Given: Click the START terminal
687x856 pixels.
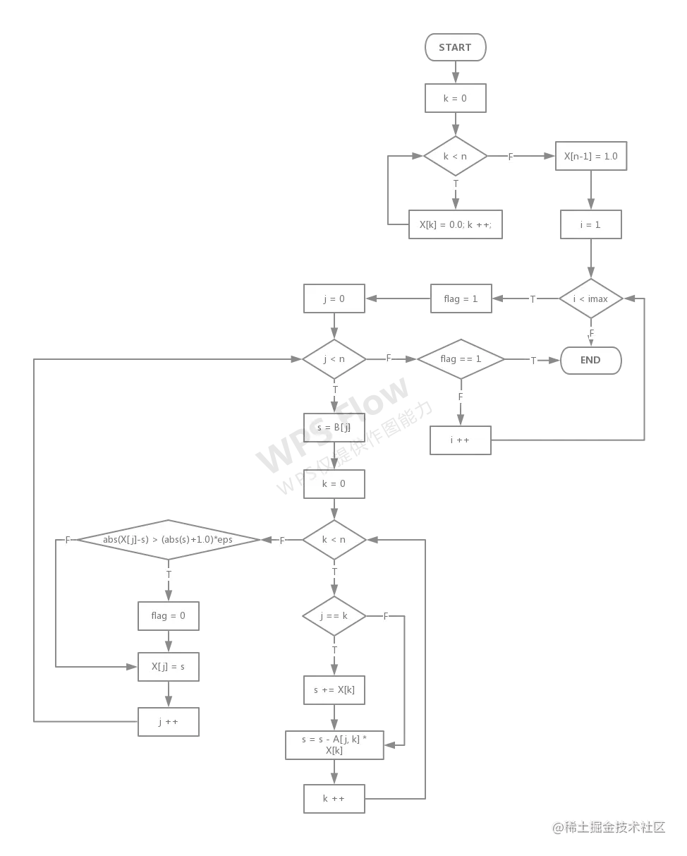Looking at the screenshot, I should [455, 47].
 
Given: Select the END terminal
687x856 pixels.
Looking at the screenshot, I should [590, 360].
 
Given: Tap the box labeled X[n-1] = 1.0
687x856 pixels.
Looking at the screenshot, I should [590, 156].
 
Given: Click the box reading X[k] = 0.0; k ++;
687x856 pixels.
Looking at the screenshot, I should [456, 224].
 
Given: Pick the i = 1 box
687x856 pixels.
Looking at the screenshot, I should [590, 224].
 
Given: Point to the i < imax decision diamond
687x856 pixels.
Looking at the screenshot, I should [590, 299].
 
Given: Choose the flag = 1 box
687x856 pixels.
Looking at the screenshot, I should [461, 299].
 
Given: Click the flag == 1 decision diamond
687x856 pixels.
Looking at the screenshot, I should [461, 359].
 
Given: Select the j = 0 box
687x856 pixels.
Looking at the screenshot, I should [334, 299].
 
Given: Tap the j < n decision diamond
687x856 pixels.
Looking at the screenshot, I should [334, 359].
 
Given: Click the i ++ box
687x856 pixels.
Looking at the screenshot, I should [461, 440].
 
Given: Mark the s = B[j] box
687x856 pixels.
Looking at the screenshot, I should [334, 428].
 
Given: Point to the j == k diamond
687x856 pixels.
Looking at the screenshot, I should [334, 616].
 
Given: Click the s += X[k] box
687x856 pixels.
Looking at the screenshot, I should [334, 689].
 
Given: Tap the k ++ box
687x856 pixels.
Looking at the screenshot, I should [334, 799].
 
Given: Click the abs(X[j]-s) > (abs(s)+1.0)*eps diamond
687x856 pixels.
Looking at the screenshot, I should [168, 540].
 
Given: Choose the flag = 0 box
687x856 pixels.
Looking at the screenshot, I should [169, 616].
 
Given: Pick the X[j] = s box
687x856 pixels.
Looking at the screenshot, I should [169, 666].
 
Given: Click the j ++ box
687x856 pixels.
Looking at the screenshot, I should [169, 722].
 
